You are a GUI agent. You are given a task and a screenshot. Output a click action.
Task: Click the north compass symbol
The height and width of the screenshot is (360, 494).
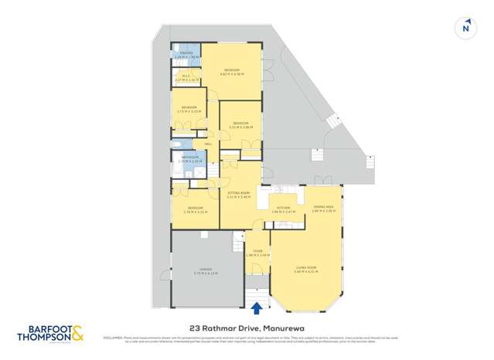pyautogui.click(x=465, y=27)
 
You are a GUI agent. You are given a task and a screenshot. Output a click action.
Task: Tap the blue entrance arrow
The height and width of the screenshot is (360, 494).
pyautogui.click(x=257, y=309)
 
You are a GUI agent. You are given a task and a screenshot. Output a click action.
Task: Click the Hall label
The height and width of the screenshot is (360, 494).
pyautogui.click(x=208, y=144)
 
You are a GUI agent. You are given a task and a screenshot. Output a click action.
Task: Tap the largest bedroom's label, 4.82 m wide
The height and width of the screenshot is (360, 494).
pyautogui.click(x=232, y=73)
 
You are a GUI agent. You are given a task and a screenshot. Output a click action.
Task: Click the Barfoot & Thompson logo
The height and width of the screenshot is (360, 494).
pyautogui.click(x=50, y=333)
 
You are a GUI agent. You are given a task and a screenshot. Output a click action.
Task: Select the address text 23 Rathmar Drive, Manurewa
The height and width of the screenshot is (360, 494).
pyautogui.click(x=247, y=327)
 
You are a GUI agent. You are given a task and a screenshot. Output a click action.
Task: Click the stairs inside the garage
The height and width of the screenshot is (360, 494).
pyautogui.click(x=238, y=244)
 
